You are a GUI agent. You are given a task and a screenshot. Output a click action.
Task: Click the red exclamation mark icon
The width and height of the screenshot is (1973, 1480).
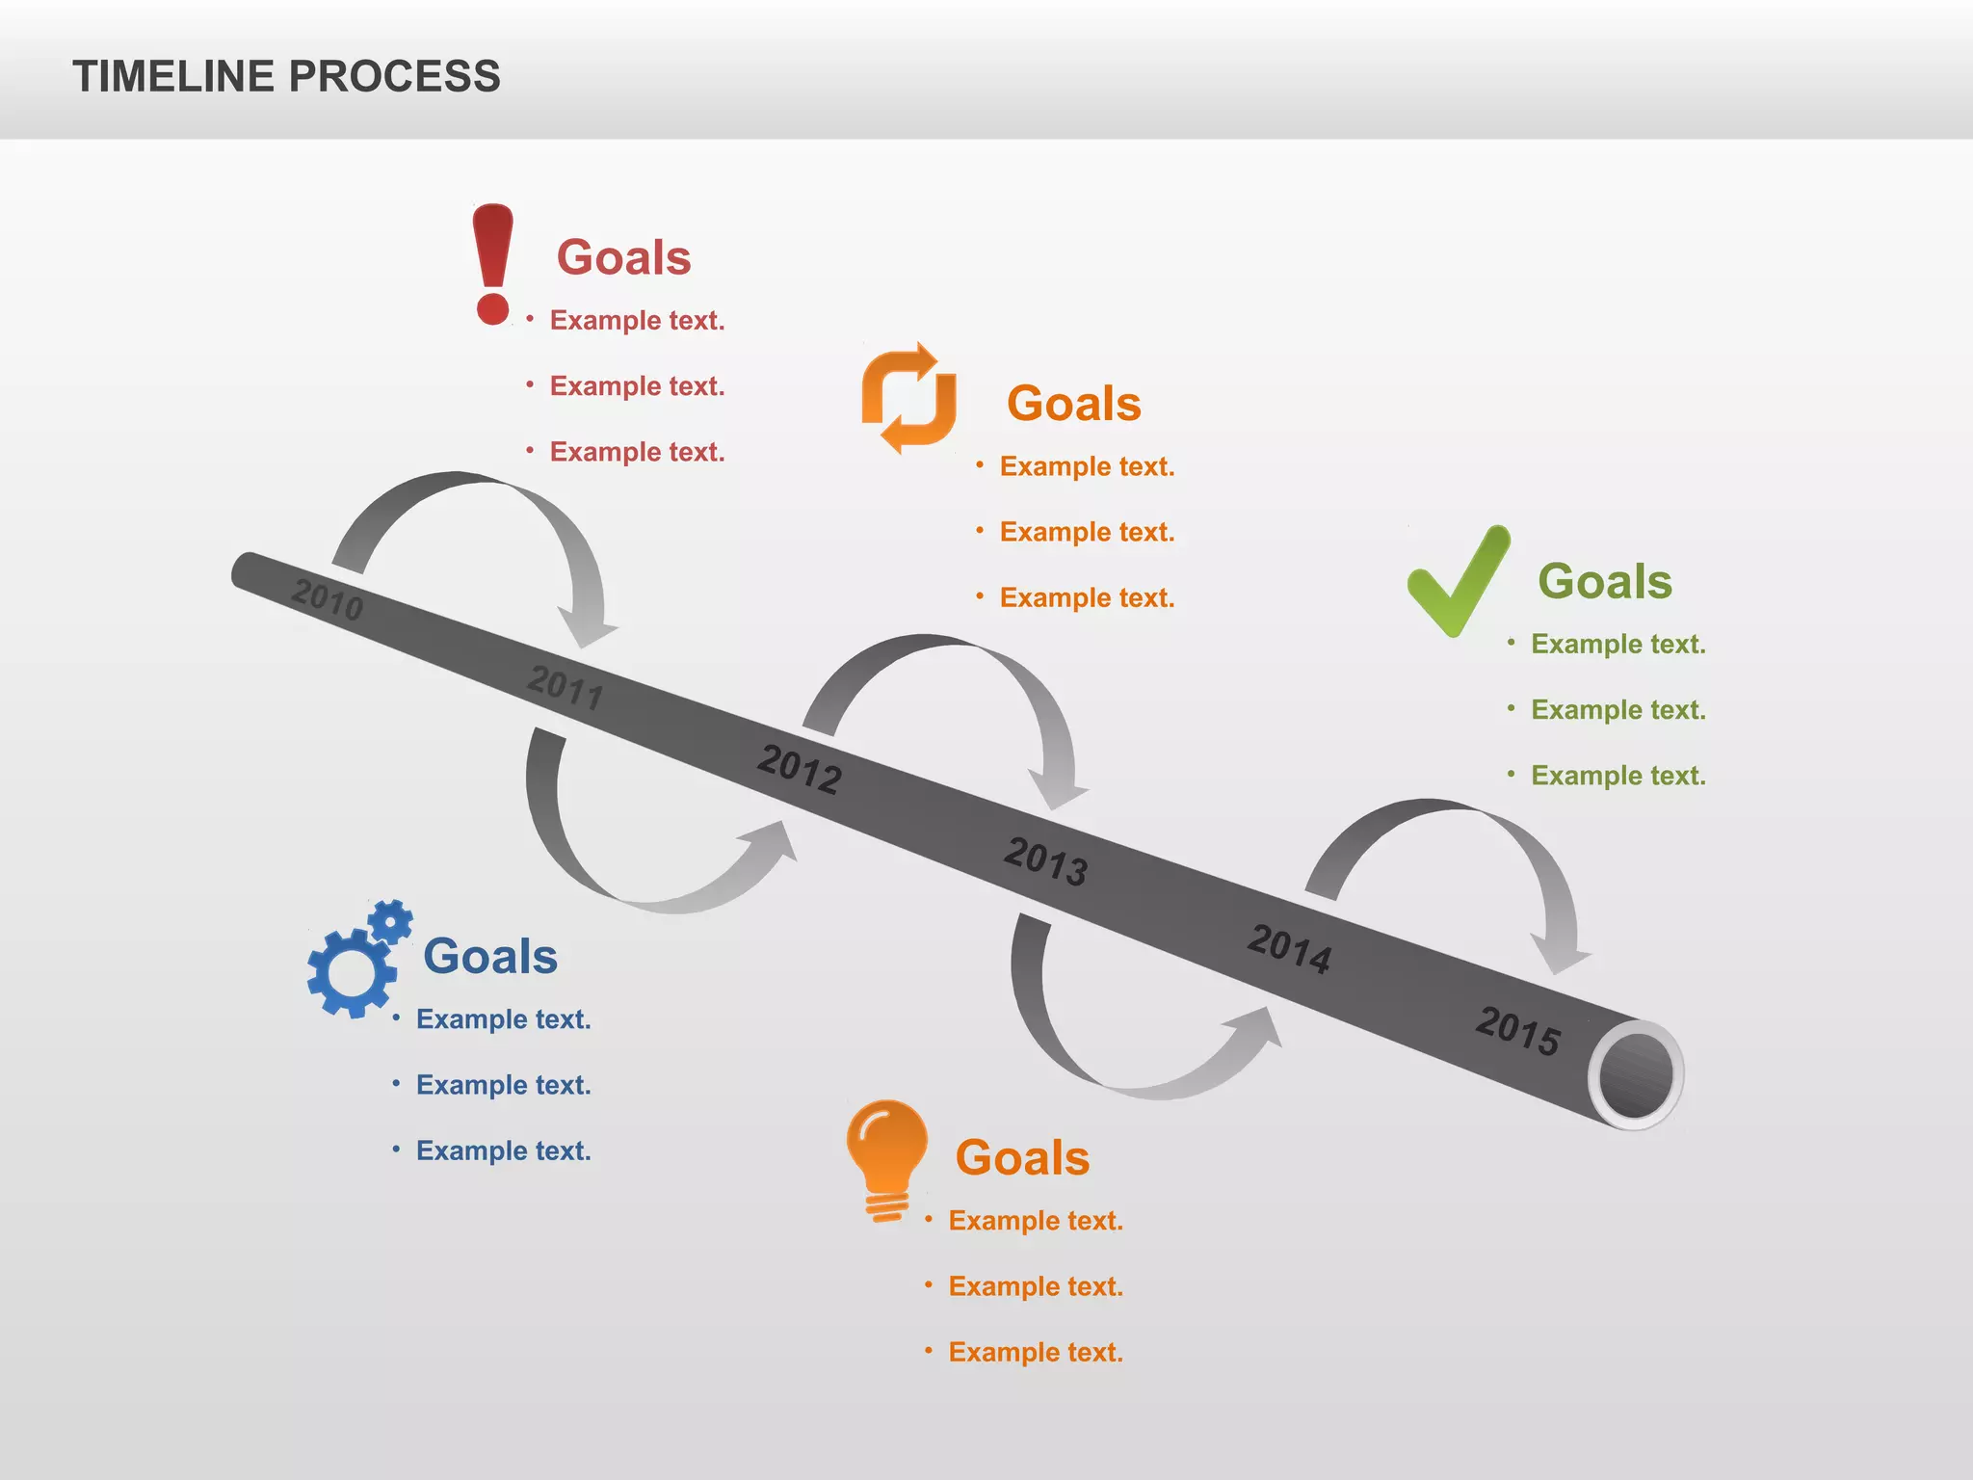tap(492, 263)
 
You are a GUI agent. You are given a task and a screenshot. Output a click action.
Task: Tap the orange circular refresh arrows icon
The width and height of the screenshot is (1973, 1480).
tap(908, 398)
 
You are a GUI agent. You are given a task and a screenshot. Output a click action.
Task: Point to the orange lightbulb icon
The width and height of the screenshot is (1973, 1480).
tap(887, 1159)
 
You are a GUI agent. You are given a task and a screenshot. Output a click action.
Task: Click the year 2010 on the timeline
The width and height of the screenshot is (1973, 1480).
tap(328, 599)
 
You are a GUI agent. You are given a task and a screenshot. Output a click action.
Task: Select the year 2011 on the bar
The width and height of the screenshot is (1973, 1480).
tap(566, 686)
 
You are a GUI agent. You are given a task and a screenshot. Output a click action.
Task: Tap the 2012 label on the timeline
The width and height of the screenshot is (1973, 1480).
tap(800, 769)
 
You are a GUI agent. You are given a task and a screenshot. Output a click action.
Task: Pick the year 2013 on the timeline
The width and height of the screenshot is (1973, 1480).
tap(1046, 859)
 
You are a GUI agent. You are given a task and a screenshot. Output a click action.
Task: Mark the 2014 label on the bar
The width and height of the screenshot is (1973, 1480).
tap(1290, 948)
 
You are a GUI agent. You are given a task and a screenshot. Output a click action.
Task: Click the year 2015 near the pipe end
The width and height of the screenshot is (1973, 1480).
tap(1518, 1030)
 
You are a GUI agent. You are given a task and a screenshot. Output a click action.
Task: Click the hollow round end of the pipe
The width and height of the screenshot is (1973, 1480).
tap(1636, 1074)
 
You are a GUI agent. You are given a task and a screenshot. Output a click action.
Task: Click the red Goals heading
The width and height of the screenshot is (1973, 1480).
tap(624, 257)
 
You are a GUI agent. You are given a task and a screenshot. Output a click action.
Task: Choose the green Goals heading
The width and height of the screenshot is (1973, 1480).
tap(1605, 581)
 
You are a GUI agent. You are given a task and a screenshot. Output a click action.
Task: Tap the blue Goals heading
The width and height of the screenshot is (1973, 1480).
tap(490, 956)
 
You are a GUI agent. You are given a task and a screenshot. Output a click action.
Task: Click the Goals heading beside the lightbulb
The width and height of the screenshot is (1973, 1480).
tap(1022, 1157)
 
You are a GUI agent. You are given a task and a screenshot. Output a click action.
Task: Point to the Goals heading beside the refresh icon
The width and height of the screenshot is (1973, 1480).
tap(1074, 403)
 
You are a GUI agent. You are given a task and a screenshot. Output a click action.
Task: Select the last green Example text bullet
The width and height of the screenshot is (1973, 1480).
tap(1618, 776)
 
